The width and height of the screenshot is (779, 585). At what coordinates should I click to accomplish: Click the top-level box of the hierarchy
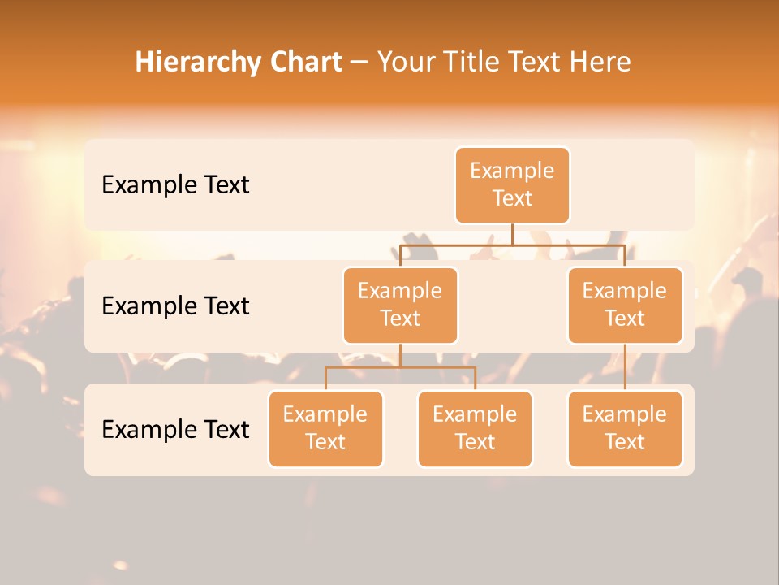pos(512,185)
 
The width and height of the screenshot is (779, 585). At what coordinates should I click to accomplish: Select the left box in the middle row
pos(400,305)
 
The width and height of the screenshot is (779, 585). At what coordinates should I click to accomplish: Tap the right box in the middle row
pos(625,305)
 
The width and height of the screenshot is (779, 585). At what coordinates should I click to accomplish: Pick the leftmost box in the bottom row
pos(325,429)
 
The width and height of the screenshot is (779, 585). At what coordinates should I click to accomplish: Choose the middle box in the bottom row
pos(475,429)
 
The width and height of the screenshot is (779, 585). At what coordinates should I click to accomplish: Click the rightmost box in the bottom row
pos(625,429)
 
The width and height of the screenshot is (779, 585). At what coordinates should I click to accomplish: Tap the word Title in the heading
pos(475,62)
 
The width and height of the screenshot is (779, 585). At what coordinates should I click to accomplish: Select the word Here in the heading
pos(601,62)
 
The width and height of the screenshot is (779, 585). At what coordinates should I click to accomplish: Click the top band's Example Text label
pos(175,185)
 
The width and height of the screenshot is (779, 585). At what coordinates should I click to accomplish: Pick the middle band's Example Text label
pos(175,306)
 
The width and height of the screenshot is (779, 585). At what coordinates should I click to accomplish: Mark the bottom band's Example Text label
pos(175,429)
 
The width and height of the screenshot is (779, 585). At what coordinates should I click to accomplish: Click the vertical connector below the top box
pos(512,234)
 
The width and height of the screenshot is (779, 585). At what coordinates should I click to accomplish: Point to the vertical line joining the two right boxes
pos(625,367)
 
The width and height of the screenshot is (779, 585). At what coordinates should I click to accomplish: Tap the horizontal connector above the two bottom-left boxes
pos(400,367)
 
